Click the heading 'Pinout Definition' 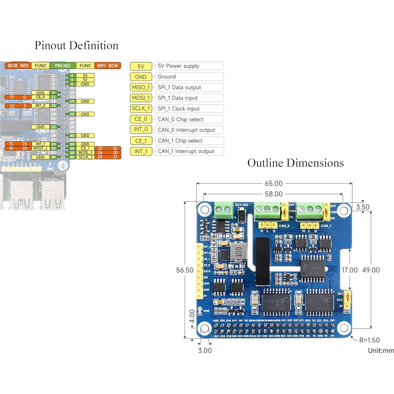(x=76, y=46)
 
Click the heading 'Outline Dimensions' (x=295, y=163)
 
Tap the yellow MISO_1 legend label (x=141, y=87)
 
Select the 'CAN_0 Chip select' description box (x=189, y=119)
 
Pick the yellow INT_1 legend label (x=141, y=152)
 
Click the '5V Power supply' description (x=189, y=66)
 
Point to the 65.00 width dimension (x=273, y=183)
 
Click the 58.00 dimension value (x=273, y=194)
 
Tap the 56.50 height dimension (x=185, y=270)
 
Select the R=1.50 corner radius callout (x=369, y=340)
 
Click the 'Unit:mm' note (x=381, y=351)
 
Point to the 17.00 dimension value (x=350, y=270)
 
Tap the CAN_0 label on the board (x=284, y=226)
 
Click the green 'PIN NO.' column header (x=63, y=66)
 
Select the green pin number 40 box (x=72, y=157)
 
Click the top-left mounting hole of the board (x=205, y=210)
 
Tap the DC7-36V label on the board (x=241, y=205)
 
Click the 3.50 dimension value (x=363, y=207)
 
